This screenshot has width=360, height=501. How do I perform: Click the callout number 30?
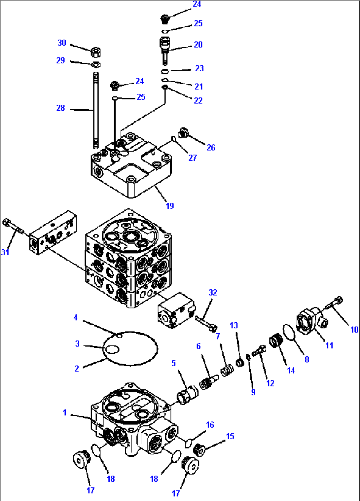point(62,43)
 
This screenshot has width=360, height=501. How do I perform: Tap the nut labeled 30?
point(96,52)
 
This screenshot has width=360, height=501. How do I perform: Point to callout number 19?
point(170,206)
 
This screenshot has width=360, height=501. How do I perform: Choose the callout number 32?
point(213,292)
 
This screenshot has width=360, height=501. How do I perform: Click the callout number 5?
point(173,363)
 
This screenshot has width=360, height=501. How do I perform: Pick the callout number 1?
point(65,412)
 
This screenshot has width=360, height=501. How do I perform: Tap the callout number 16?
point(210,425)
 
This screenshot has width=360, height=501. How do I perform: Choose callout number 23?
point(199,68)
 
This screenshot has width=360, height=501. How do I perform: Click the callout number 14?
point(291,370)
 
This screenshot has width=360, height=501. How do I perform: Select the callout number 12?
point(270,383)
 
